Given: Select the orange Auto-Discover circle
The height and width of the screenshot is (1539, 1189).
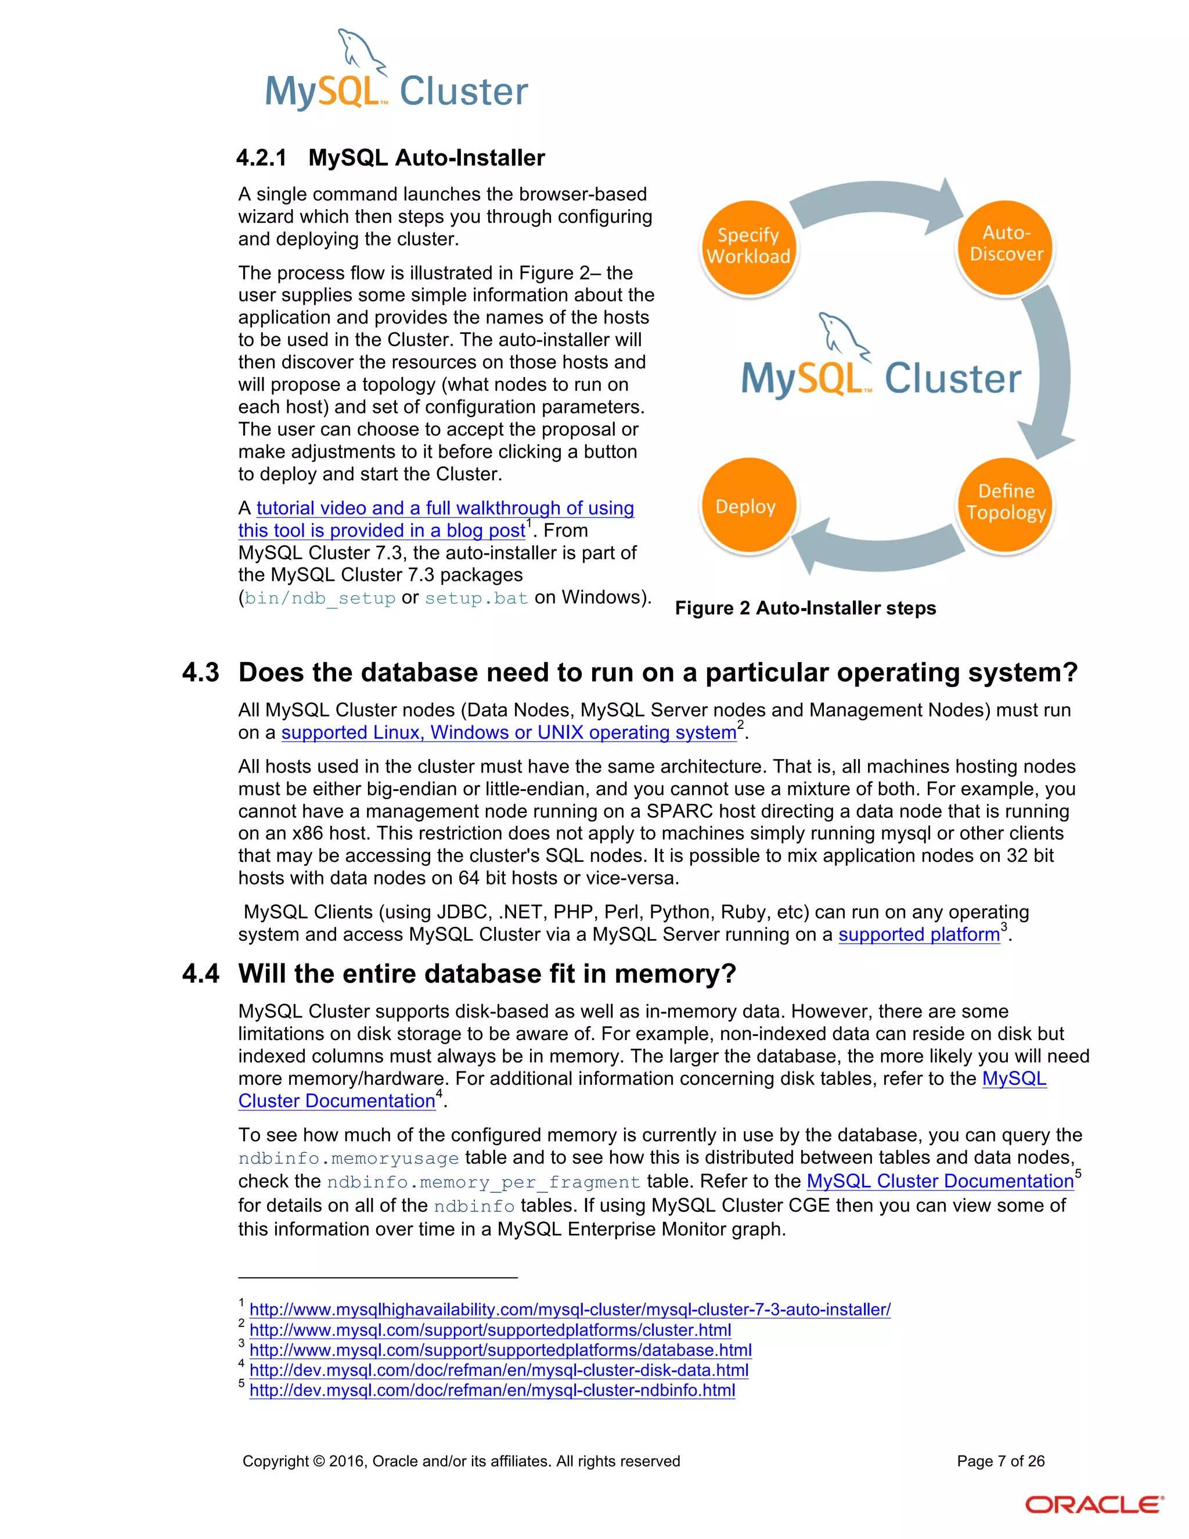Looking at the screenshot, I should click(x=1005, y=244).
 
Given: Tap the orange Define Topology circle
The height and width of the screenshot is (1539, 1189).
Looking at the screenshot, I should click(x=1005, y=502).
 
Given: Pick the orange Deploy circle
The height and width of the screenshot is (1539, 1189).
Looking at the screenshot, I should click(x=747, y=505).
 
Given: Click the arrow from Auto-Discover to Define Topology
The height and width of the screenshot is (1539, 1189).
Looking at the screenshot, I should click(x=1050, y=373).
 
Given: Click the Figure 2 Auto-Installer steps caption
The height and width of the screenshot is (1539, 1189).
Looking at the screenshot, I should click(x=805, y=608).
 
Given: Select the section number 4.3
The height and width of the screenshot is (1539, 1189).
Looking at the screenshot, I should click(x=200, y=673).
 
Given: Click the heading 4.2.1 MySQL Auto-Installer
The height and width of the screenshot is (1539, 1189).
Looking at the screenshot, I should click(x=390, y=157).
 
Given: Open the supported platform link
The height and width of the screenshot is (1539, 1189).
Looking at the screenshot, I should click(x=918, y=934).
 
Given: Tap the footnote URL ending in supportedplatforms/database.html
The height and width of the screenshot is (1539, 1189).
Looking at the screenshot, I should click(x=500, y=1350).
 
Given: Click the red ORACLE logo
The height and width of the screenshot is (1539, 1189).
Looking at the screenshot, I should click(x=1093, y=1505).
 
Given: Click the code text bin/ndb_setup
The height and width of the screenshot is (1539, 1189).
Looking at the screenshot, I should click(x=320, y=598).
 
